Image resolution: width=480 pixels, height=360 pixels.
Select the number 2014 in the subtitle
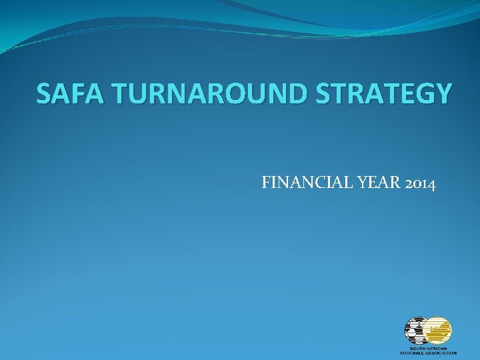(420, 182)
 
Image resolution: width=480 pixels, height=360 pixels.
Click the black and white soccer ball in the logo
(417, 331)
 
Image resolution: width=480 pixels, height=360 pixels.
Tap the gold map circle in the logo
(439, 331)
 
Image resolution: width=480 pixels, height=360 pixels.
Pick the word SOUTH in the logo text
(417, 348)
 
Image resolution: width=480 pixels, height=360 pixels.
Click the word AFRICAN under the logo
(438, 348)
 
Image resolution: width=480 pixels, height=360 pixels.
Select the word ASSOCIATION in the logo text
(441, 353)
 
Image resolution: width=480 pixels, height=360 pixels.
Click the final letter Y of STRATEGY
(442, 94)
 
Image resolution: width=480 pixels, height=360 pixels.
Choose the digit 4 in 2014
(432, 183)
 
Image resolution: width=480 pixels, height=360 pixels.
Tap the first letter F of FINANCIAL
(267, 182)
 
